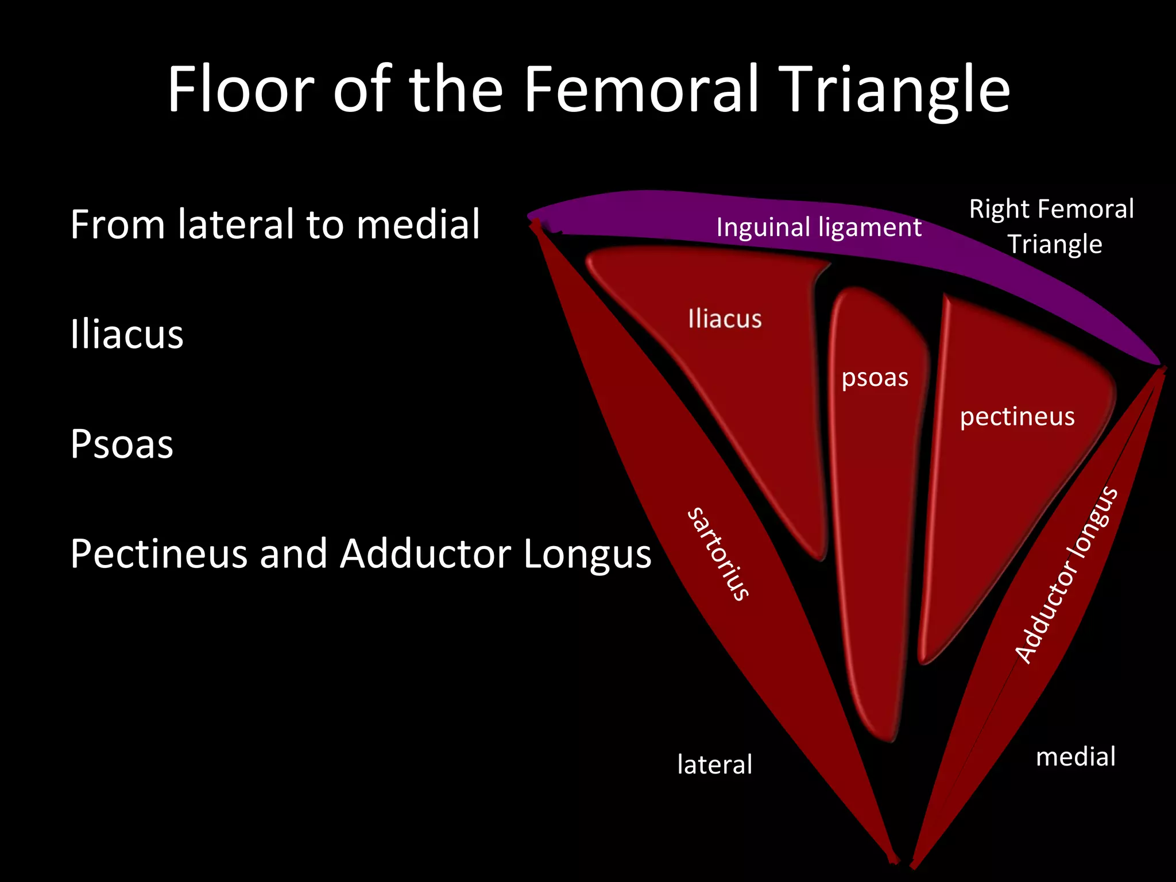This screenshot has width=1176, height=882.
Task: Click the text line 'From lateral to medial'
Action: tap(274, 224)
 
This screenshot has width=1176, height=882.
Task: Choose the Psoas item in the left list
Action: tap(122, 444)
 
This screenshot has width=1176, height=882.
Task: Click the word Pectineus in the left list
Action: tap(159, 554)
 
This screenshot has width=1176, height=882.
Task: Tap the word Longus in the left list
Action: tap(587, 554)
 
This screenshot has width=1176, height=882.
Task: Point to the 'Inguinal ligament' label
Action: tap(818, 227)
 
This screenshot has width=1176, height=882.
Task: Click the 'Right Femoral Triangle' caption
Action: tap(1051, 226)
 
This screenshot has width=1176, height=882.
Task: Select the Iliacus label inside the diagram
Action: tap(725, 319)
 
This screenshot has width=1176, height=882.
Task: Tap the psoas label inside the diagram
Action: tap(875, 378)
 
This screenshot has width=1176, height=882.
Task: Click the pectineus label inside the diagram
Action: tap(1017, 416)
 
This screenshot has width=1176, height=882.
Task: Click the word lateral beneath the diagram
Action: tap(714, 764)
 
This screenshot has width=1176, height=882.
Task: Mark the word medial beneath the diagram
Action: tap(1076, 757)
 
